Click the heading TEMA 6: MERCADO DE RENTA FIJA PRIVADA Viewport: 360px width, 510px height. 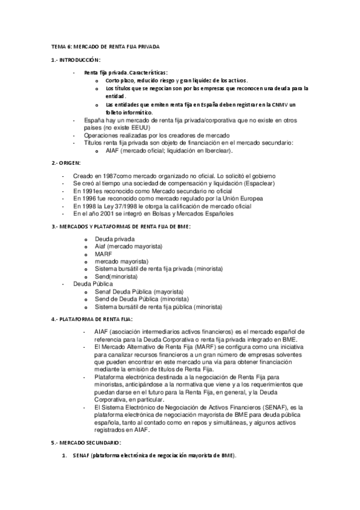click(105, 46)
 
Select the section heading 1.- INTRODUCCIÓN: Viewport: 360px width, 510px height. click(76, 60)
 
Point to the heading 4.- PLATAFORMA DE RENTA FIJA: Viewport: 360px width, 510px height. click(93, 319)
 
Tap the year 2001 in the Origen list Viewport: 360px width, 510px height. click(107, 213)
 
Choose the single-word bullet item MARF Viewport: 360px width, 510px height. click(103, 254)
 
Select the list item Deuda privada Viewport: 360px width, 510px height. click(115, 239)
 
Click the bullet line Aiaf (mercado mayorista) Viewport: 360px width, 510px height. click(129, 247)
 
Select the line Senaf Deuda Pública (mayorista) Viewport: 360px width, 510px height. click(139, 291)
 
